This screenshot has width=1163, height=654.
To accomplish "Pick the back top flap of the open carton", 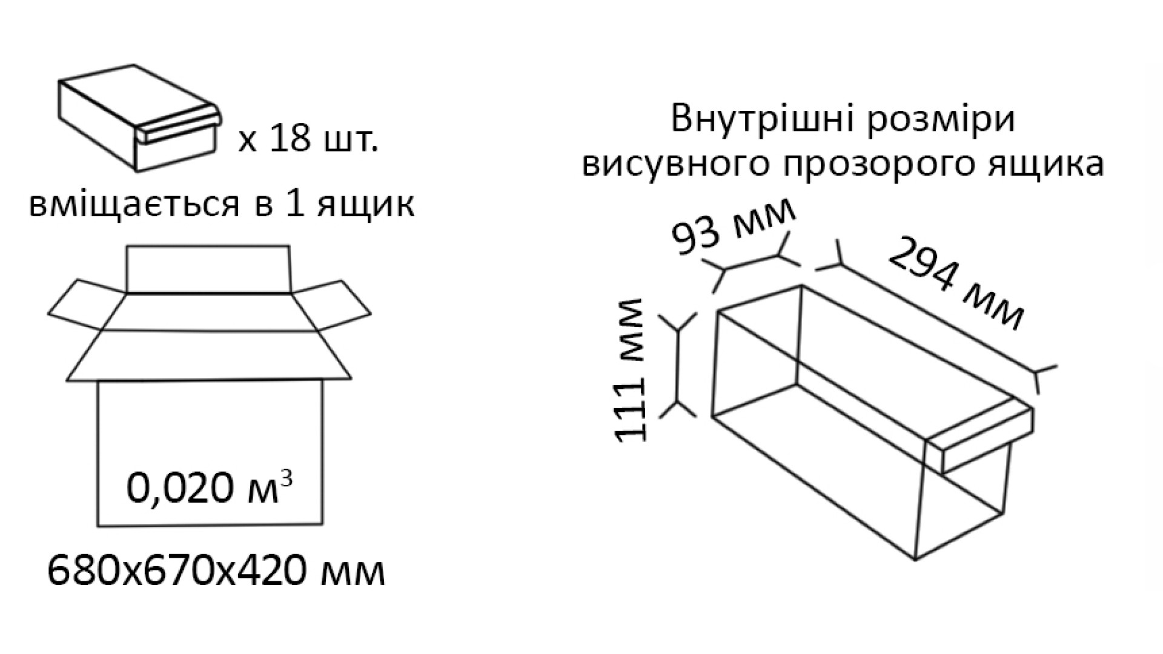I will pyautogui.click(x=208, y=269).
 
